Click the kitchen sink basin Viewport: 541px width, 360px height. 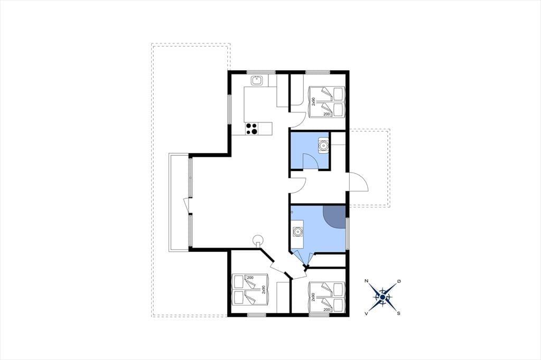pos(256,81)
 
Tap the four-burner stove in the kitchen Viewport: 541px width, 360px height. pos(251,129)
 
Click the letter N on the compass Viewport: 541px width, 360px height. pos(367,281)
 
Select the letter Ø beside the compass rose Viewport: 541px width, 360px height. pos(399,281)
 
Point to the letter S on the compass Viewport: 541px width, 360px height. pos(398,314)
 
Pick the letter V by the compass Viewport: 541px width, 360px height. pos(366,314)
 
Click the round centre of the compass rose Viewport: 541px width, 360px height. pos(383,297)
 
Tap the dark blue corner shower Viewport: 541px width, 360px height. pos(334,217)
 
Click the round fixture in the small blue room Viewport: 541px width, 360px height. pos(323,145)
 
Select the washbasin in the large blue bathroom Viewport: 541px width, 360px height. pos(297,232)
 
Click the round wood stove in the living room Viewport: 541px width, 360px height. pos(257,240)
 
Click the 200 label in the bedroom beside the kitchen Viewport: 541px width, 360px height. pos(327,114)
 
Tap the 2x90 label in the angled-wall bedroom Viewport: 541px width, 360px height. pos(263,289)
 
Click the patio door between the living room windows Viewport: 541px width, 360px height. pos(186,206)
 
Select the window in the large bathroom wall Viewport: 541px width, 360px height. pos(348,233)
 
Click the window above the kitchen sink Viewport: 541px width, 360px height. pos(261,72)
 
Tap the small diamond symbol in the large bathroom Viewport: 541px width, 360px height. pos(292,212)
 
